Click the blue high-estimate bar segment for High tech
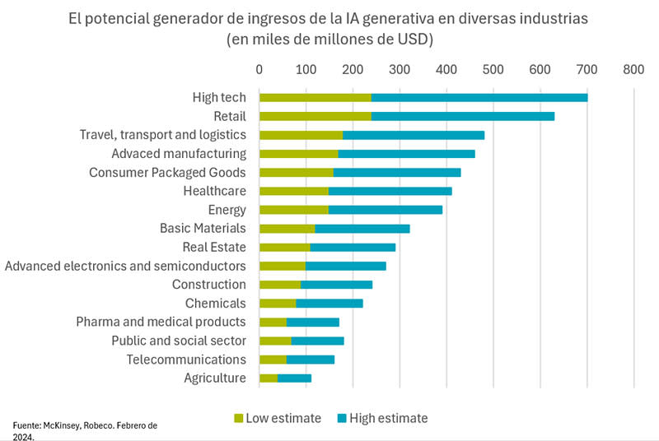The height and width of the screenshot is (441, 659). click(479, 97)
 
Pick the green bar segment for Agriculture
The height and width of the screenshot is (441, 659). click(269, 378)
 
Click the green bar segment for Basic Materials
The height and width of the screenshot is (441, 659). click(287, 228)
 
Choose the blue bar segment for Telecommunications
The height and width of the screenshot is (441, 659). click(311, 360)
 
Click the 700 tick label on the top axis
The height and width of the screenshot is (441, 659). click(587, 71)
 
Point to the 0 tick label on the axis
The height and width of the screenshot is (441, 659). click(259, 71)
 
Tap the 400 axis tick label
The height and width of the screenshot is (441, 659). click(446, 71)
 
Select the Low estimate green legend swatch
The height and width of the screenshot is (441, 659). click(240, 418)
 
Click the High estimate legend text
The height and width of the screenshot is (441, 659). click(388, 418)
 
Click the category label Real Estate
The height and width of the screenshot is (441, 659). click(214, 247)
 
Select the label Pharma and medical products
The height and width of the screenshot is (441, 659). click(161, 322)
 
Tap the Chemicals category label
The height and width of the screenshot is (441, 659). click(215, 303)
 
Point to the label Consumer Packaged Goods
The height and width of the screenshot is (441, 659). click(167, 172)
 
